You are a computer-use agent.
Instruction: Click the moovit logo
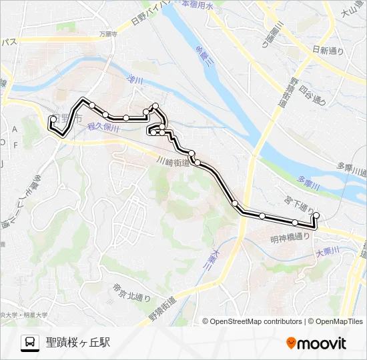316,343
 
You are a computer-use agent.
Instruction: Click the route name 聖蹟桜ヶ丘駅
78,343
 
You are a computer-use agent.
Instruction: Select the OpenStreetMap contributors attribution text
256,321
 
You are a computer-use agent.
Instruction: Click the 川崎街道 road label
173,161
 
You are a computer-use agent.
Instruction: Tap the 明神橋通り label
291,237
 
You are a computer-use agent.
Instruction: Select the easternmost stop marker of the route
316,215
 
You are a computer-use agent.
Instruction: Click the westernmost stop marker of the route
53,119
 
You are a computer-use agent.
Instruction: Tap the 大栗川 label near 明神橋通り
328,251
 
